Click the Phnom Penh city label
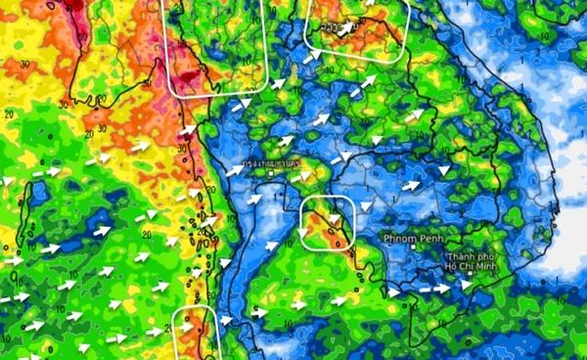(x=416, y=239)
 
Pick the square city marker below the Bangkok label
(x=271, y=172)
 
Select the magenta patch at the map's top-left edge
(x=73, y=8)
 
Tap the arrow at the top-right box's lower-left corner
(x=311, y=59)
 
